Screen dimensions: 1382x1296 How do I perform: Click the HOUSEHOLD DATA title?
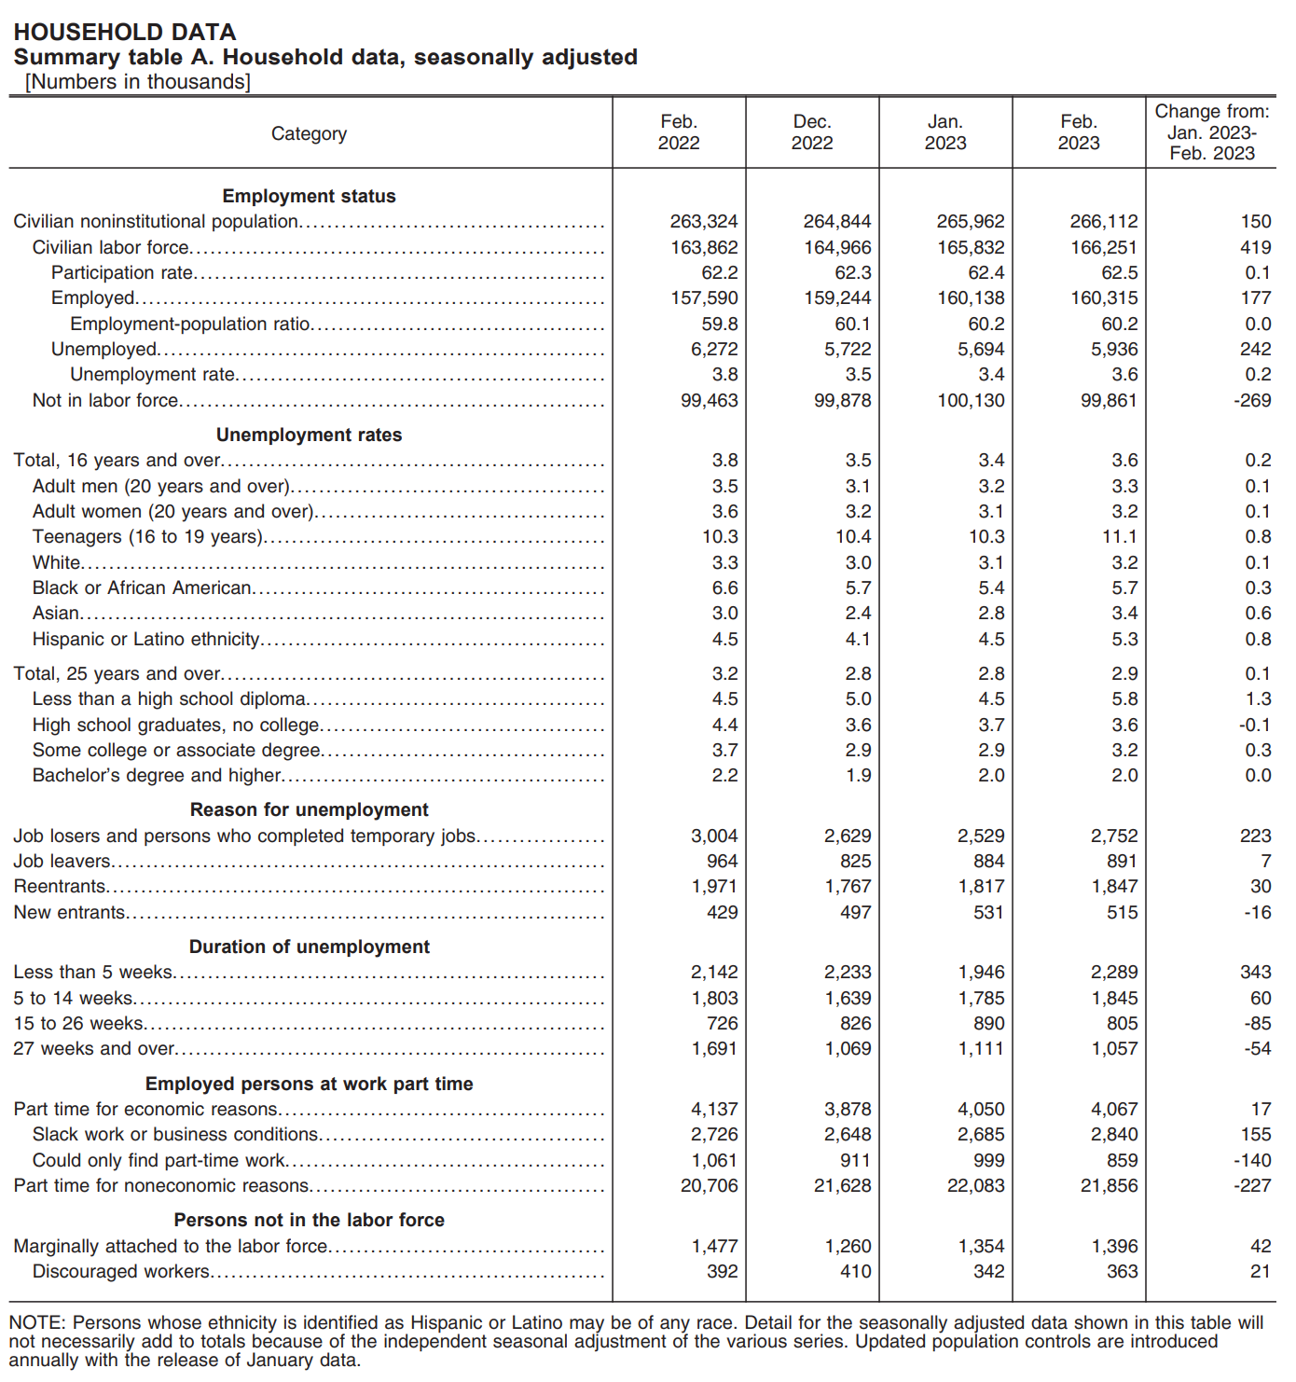point(124,33)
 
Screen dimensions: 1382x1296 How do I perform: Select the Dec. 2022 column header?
point(811,132)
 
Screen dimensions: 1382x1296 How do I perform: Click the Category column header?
point(309,133)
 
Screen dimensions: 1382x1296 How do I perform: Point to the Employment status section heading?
point(309,196)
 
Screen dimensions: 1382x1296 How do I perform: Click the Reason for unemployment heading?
point(309,809)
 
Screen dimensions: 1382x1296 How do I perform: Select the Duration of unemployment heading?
point(309,947)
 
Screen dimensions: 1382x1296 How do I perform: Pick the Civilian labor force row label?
point(111,247)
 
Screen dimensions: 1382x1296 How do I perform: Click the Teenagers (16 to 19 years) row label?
point(147,536)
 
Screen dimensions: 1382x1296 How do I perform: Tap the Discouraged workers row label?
point(121,1271)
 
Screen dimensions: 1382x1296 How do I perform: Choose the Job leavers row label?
point(62,861)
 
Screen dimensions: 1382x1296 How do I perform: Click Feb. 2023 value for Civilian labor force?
point(1103,247)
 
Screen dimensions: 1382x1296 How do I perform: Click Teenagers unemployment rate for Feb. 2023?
point(1119,536)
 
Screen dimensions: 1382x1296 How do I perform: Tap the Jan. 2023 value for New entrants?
point(988,912)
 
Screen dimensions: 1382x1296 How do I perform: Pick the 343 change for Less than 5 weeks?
point(1255,972)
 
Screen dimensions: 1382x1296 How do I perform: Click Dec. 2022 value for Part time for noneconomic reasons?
point(842,1185)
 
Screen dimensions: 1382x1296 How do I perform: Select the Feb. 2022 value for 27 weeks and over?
point(713,1048)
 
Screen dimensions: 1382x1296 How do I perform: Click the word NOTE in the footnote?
point(36,1322)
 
